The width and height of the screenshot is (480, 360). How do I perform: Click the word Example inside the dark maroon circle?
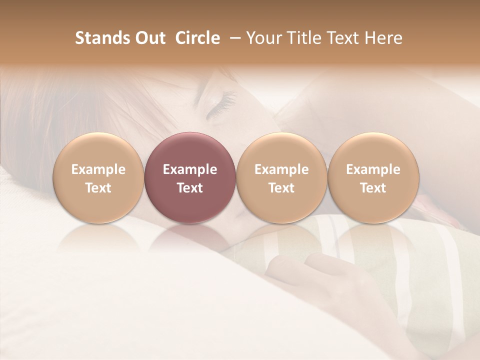(x=190, y=169)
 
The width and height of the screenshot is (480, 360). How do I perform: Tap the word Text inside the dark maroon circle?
(x=190, y=188)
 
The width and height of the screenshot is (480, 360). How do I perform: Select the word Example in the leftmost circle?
(x=98, y=169)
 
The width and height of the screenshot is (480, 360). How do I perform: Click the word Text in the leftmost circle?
(x=98, y=188)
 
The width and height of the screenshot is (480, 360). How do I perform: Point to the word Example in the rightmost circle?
(x=373, y=169)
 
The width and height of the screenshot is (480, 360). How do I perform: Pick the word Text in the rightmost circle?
(x=373, y=188)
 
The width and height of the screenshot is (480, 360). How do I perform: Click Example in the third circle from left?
(x=281, y=169)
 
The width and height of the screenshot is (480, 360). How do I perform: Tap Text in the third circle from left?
(x=281, y=188)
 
